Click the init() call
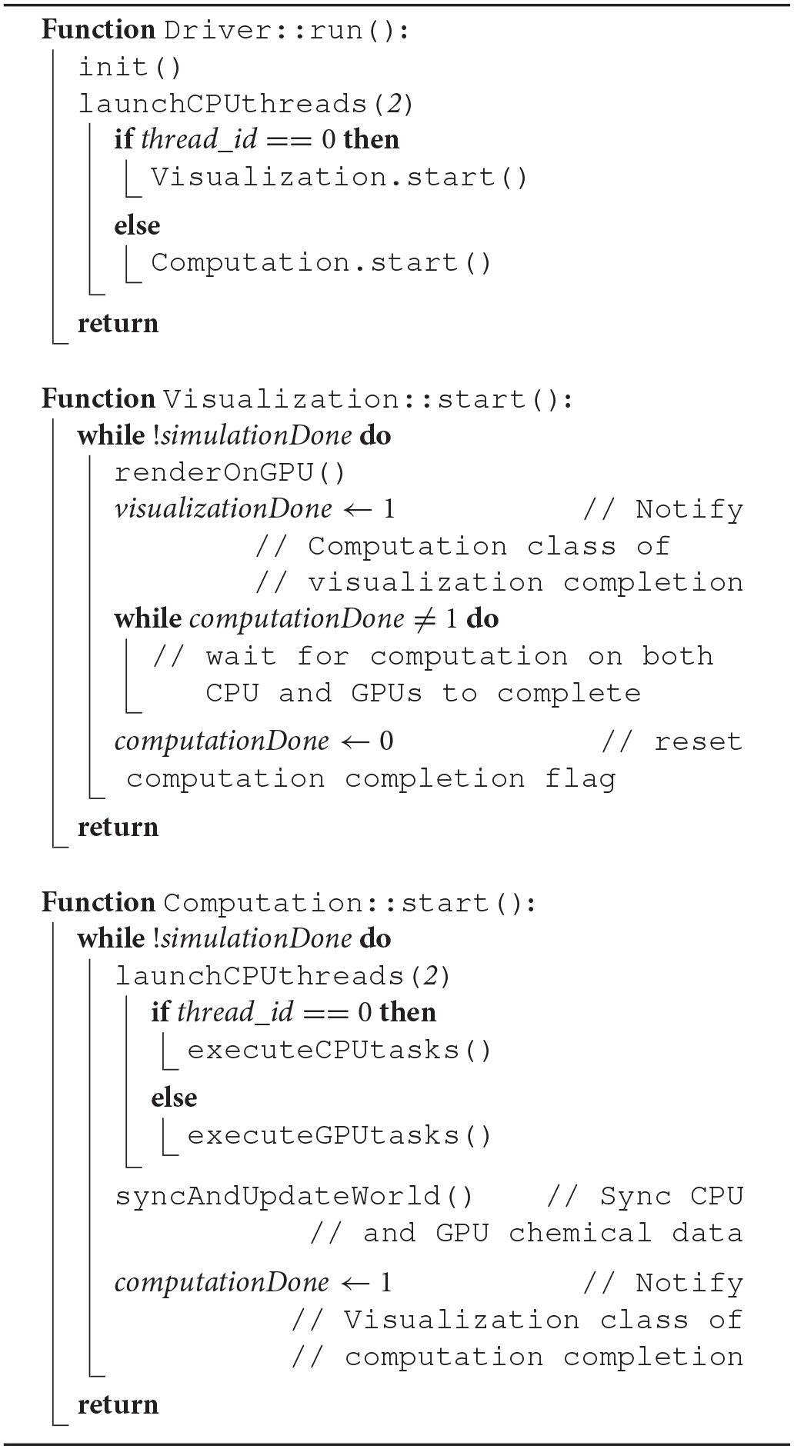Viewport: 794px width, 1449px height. tap(130, 68)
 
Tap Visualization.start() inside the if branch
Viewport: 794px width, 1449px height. tap(339, 178)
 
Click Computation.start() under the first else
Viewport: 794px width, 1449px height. tap(321, 263)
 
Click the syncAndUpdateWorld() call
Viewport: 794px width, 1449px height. tap(294, 1197)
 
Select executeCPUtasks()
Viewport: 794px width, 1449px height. tap(339, 1051)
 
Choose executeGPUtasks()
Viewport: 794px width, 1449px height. tap(339, 1136)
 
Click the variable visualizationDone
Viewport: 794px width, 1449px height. tap(223, 509)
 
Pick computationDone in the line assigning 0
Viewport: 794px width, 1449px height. tap(222, 741)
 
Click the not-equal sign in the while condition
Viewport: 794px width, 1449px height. tap(419, 620)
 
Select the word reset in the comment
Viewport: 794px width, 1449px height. tap(698, 742)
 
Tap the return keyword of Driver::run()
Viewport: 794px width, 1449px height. tap(118, 324)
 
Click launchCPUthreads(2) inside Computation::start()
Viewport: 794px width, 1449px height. tap(282, 977)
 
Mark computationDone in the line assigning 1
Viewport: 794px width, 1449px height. tap(222, 1283)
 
